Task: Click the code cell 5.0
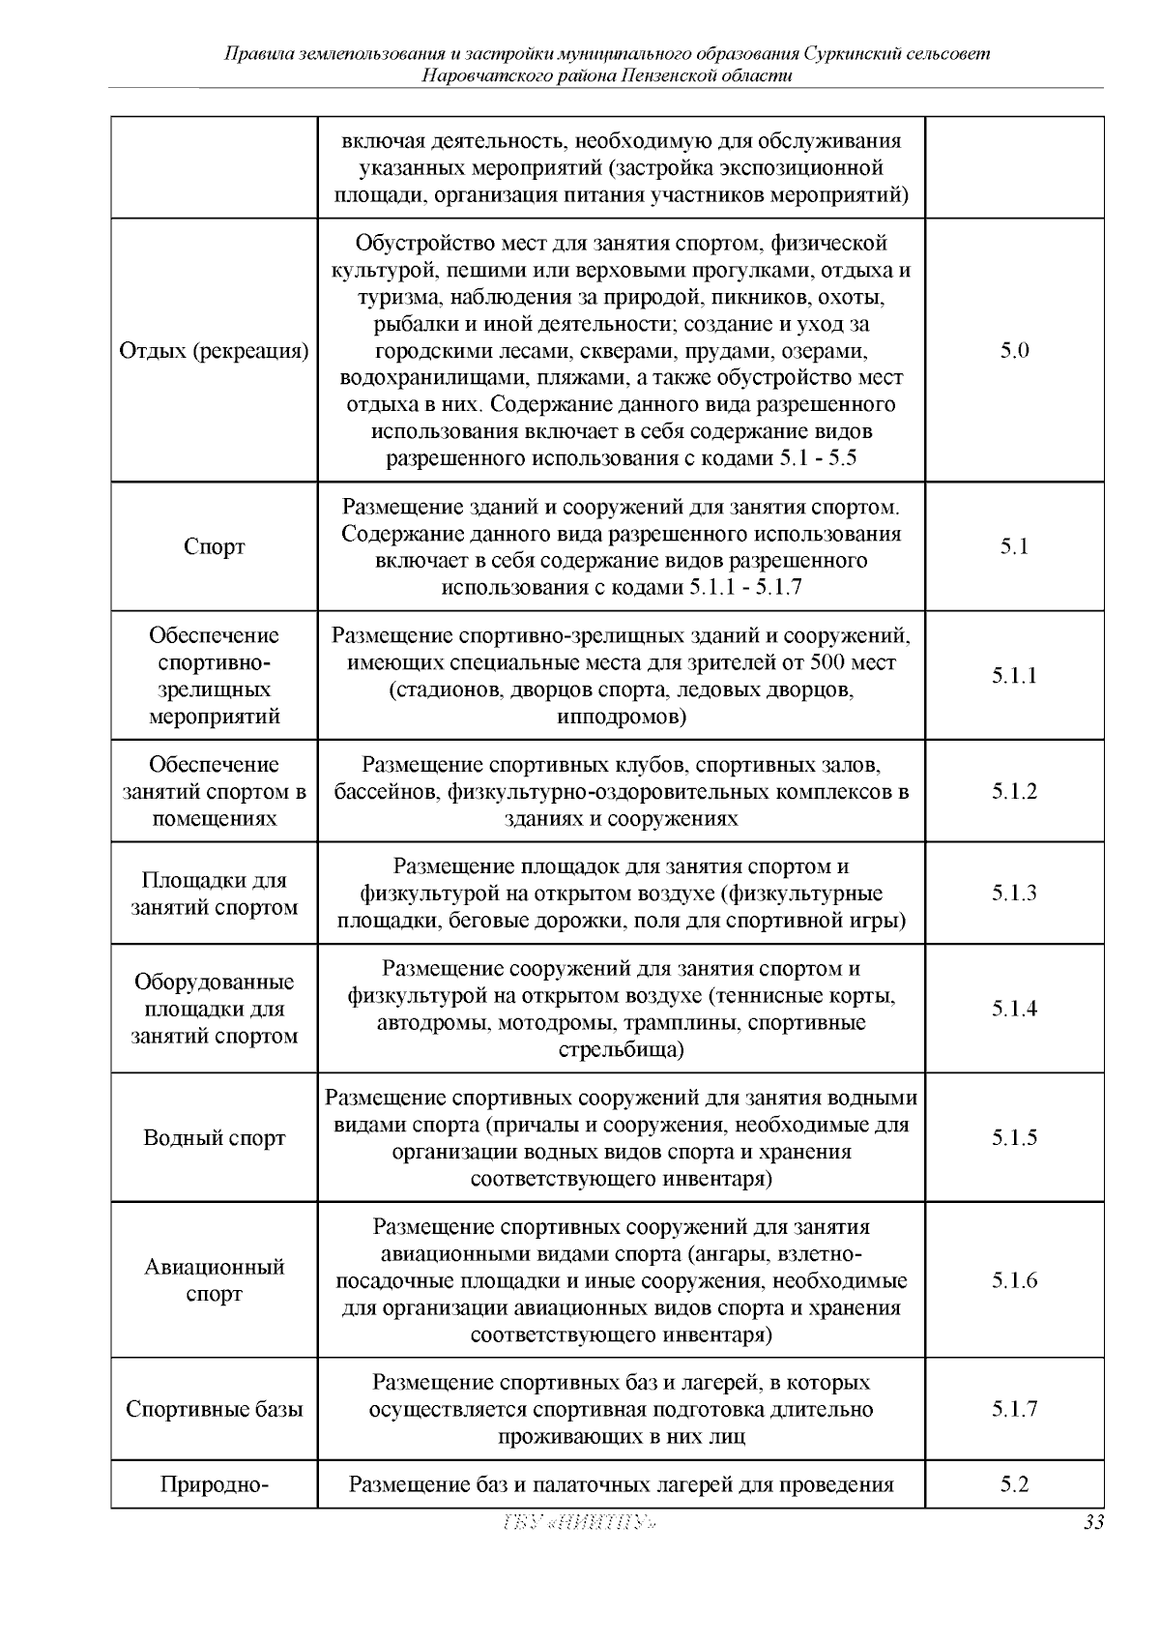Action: coord(1014,351)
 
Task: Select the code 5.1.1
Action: coord(1014,675)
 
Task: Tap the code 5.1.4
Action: coord(1014,1009)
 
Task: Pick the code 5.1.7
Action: coord(1014,1409)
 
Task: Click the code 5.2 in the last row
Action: coord(1014,1483)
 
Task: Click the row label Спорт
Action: coord(215,546)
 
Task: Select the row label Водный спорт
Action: coord(215,1137)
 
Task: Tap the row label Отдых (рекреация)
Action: coord(215,351)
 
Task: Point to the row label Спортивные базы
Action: coord(215,1409)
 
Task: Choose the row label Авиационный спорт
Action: coord(215,1280)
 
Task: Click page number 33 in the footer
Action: coord(1093,1522)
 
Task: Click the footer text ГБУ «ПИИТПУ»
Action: coord(580,1523)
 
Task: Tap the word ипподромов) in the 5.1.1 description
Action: coord(622,717)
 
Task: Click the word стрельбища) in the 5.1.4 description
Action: coord(622,1050)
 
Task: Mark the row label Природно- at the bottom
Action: coord(215,1483)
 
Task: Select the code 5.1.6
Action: coord(1014,1280)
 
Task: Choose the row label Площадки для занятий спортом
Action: coord(215,894)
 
